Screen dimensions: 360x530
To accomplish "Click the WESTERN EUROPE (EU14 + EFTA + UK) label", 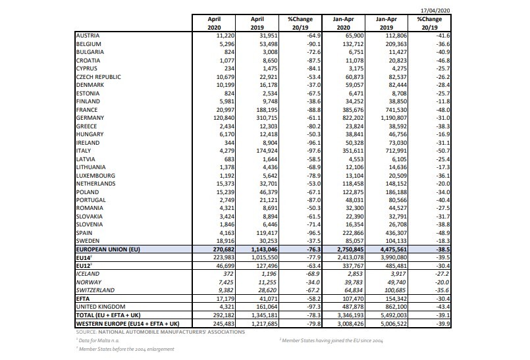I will tap(128, 322).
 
